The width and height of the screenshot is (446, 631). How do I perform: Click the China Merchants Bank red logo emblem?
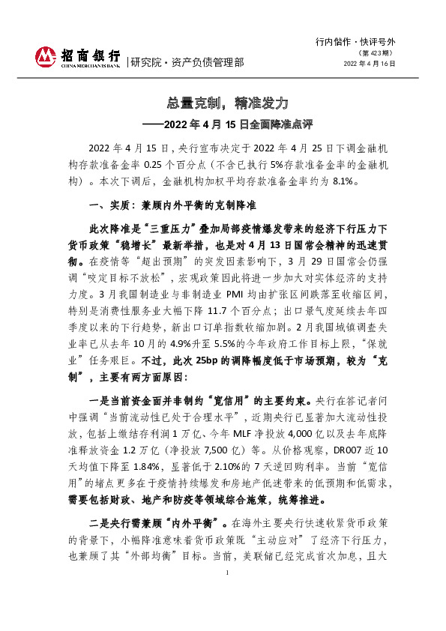45,56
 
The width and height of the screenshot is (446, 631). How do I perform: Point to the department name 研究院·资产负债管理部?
187,62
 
